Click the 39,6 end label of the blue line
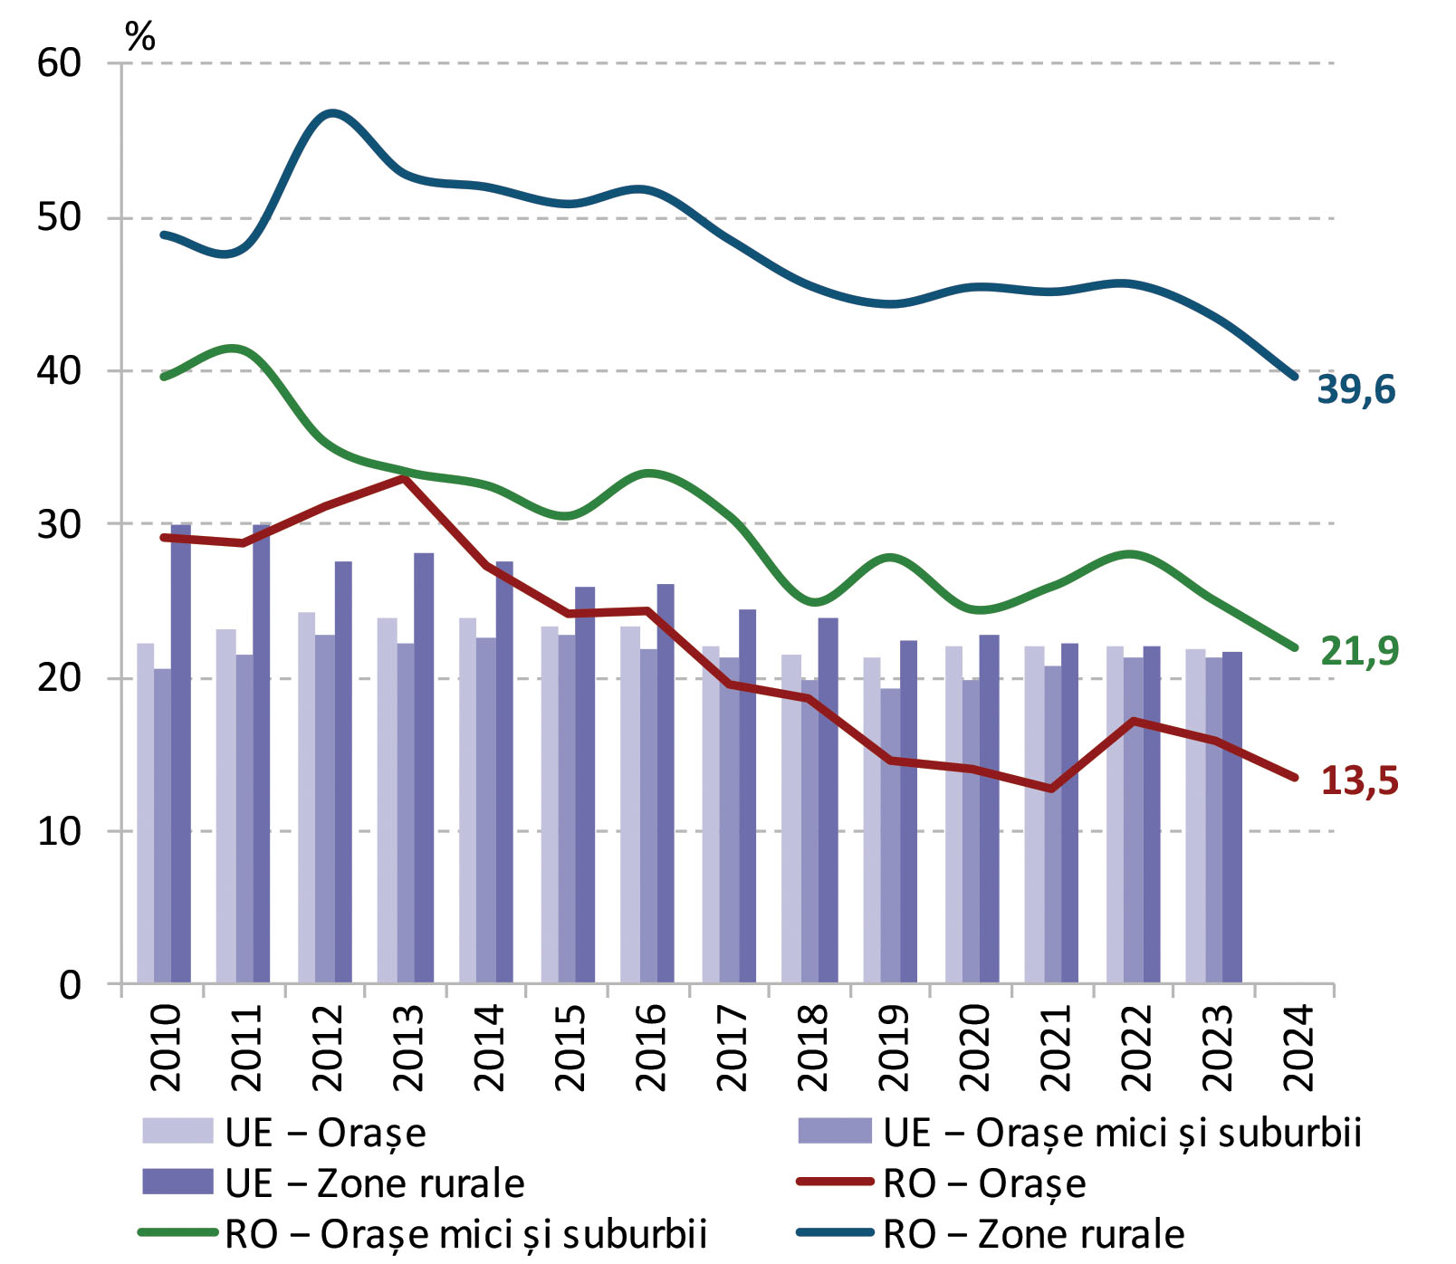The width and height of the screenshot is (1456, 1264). (x=1355, y=389)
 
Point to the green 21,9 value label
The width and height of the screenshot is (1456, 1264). (x=1359, y=650)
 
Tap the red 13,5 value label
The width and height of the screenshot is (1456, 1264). (x=1359, y=780)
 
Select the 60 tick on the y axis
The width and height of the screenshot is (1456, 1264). (x=60, y=63)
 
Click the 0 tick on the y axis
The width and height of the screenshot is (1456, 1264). (x=71, y=984)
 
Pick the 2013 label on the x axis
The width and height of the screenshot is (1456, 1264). (x=408, y=1047)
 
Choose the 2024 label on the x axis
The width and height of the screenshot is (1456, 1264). (x=1298, y=1047)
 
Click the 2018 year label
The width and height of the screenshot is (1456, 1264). (x=812, y=1047)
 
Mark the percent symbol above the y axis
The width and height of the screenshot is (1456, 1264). (x=140, y=37)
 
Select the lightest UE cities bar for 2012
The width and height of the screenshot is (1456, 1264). (x=306, y=797)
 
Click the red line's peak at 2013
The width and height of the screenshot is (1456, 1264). (x=405, y=478)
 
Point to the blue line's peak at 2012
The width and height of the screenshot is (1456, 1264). (x=332, y=113)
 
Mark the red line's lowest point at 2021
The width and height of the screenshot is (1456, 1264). (x=1050, y=790)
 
